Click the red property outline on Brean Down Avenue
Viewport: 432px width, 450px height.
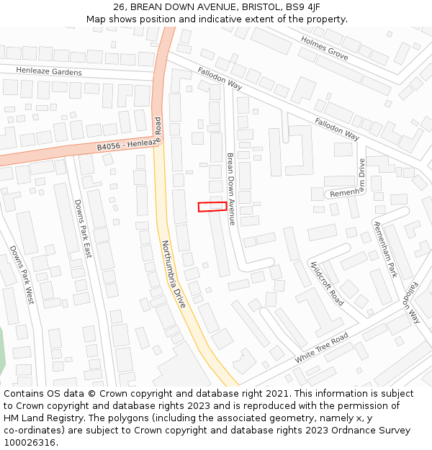[x=212, y=207]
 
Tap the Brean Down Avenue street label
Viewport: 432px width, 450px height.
[x=231, y=189]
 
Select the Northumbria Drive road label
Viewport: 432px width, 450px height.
[x=174, y=274]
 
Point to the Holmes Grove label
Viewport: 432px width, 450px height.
[x=324, y=49]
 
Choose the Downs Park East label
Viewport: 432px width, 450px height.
[x=84, y=229]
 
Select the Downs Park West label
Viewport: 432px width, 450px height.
[x=22, y=274]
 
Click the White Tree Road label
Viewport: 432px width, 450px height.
[x=321, y=348]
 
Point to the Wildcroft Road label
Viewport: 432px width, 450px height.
[x=326, y=283]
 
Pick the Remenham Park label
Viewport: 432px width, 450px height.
[x=385, y=249]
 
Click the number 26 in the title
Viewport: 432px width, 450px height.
[x=120, y=7]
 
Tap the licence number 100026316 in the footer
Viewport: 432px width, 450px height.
[x=30, y=443]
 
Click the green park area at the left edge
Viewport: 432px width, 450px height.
[x=3, y=353]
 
